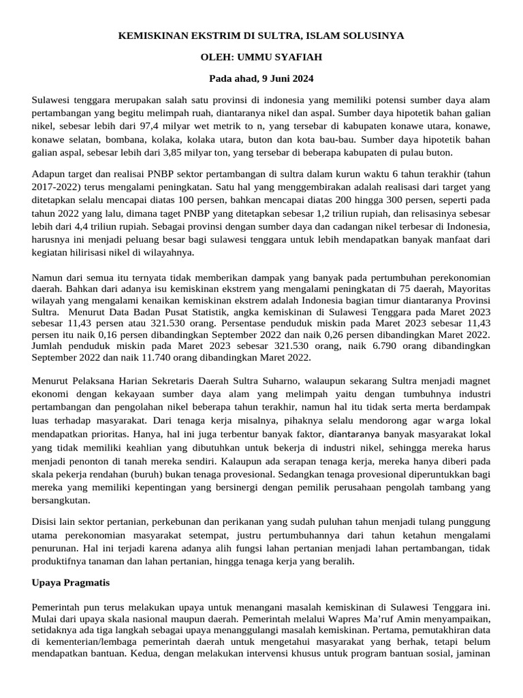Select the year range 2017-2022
54,187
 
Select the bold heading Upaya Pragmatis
71,583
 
